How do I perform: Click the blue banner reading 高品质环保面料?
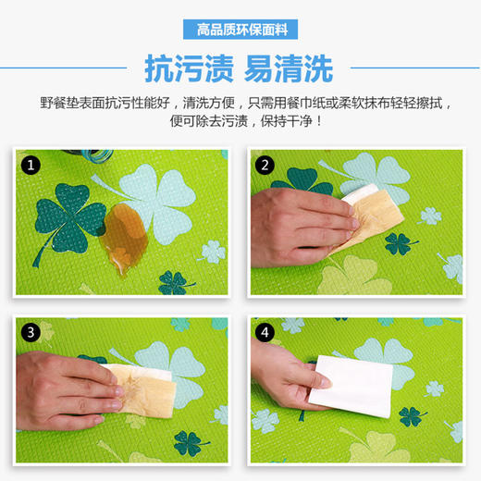tap(241, 30)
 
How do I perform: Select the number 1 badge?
tap(31, 166)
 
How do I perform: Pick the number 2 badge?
tap(265, 166)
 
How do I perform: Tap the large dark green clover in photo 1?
tap(68, 212)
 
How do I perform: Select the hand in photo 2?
tap(296, 214)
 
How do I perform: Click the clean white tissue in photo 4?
tap(356, 385)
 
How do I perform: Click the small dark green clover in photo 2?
tap(399, 243)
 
